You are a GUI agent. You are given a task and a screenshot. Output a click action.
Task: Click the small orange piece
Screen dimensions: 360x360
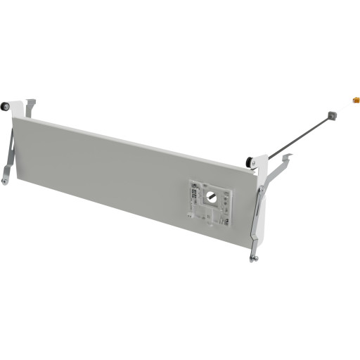coord(356,100)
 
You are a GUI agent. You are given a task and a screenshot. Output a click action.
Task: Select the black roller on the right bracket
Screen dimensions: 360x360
coord(250,162)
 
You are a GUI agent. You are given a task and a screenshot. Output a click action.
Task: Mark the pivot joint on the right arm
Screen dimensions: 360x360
coord(262,190)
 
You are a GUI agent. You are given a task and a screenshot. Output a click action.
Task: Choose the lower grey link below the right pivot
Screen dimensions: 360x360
coord(257,225)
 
